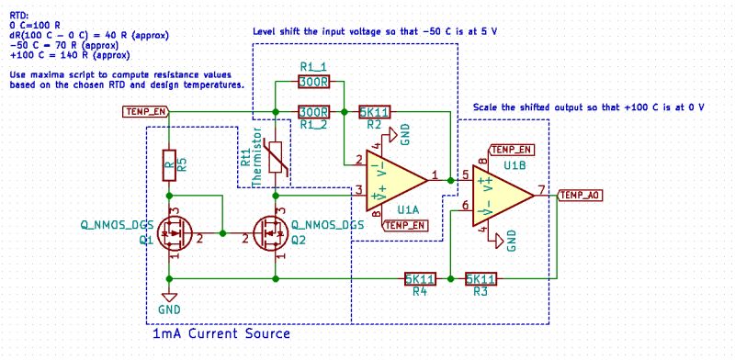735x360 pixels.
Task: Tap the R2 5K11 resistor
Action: pyautogui.click(x=375, y=112)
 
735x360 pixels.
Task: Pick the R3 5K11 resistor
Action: pyautogui.click(x=481, y=278)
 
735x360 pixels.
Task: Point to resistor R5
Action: pyautogui.click(x=169, y=165)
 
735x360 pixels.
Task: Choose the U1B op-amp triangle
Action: pyautogui.click(x=500, y=194)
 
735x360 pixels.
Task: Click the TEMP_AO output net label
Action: pyautogui.click(x=581, y=195)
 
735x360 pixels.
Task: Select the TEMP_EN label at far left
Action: pyautogui.click(x=145, y=112)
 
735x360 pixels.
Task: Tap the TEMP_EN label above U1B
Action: pyautogui.click(x=512, y=149)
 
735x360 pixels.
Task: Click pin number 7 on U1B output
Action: pyautogui.click(x=542, y=189)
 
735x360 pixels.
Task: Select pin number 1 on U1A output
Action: pyautogui.click(x=435, y=174)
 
